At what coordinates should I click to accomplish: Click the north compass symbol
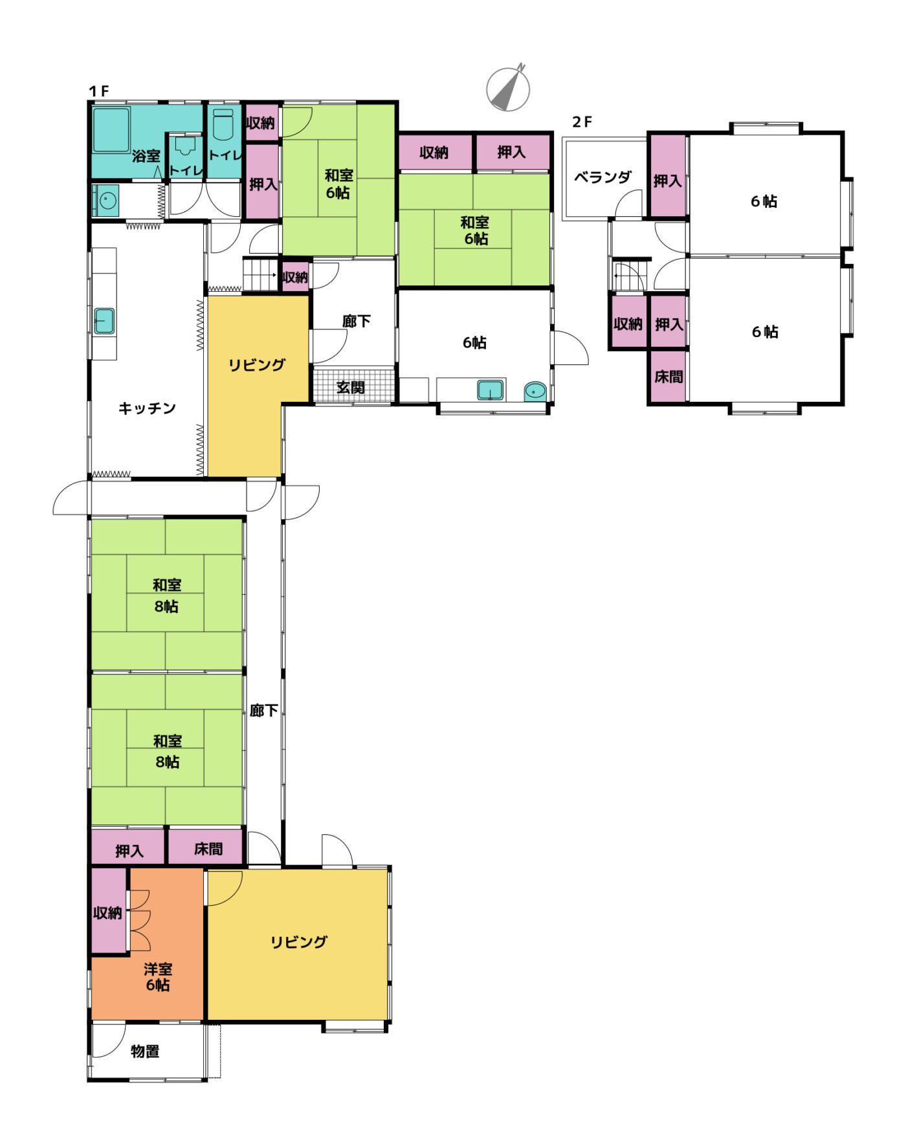click(x=508, y=88)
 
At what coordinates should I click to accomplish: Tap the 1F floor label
click(x=99, y=92)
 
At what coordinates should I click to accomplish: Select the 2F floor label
click(x=582, y=122)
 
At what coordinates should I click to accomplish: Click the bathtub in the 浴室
click(x=112, y=130)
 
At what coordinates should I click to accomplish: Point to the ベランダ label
click(x=602, y=177)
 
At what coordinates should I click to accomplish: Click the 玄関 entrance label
click(x=350, y=388)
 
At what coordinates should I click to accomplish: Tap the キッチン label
click(x=147, y=408)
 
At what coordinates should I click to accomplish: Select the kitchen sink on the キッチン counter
click(x=104, y=321)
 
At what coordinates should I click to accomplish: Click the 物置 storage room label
click(x=145, y=1052)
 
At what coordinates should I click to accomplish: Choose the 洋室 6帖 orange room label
click(x=158, y=977)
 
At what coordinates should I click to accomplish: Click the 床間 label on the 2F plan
click(x=668, y=377)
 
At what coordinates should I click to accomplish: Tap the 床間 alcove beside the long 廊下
click(x=206, y=847)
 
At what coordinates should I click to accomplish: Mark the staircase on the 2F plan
click(x=630, y=275)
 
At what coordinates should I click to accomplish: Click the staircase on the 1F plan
click(x=260, y=274)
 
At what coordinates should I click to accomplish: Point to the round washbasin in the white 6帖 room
click(x=535, y=391)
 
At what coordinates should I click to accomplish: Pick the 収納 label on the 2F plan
click(x=628, y=324)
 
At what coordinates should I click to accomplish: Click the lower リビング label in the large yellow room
click(x=299, y=942)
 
